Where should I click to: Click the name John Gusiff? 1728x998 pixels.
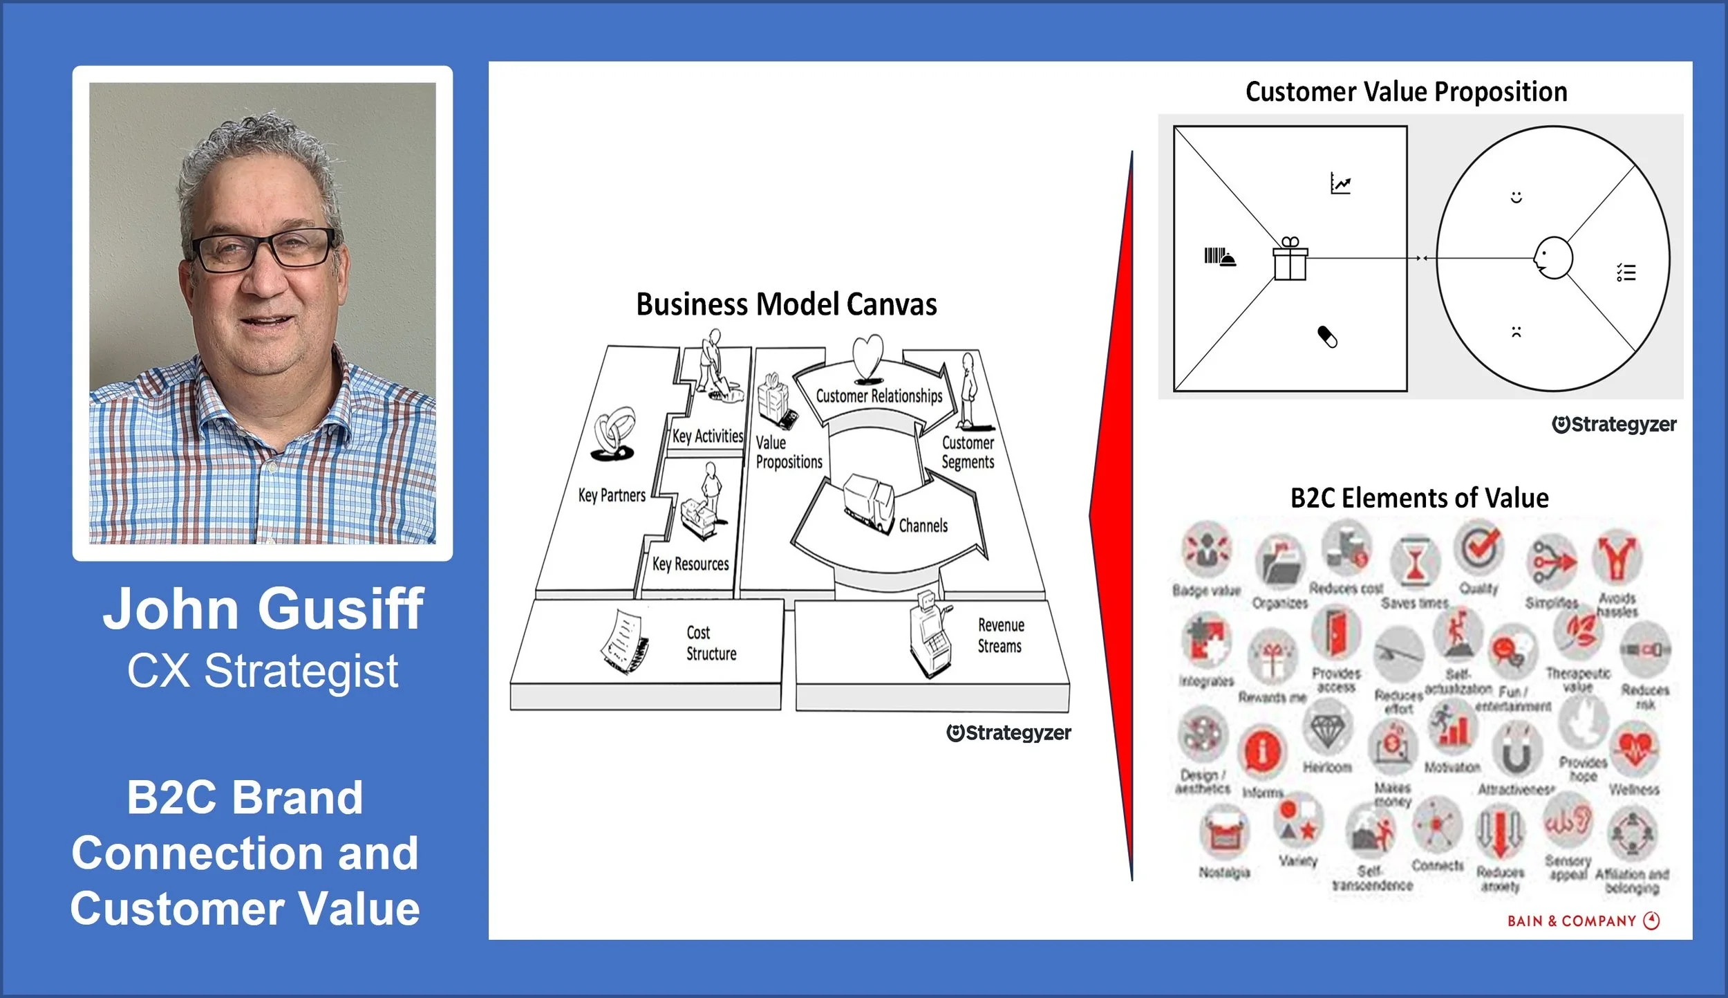pyautogui.click(x=263, y=609)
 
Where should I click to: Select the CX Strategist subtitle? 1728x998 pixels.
pyautogui.click(x=263, y=671)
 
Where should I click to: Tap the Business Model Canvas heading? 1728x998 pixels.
pyautogui.click(x=786, y=304)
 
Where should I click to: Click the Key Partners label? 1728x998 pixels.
pyautogui.click(x=612, y=495)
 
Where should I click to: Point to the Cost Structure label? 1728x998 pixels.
pyautogui.click(x=711, y=643)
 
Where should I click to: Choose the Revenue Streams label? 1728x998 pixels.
pyautogui.click(x=999, y=636)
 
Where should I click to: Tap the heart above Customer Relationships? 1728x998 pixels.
pyautogui.click(x=867, y=357)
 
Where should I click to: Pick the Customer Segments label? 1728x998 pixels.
pyautogui.click(x=968, y=452)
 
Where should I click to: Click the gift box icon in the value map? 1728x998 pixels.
pyautogui.click(x=1290, y=259)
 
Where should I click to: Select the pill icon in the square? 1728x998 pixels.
pyautogui.click(x=1327, y=337)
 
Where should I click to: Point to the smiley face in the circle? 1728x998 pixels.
pyautogui.click(x=1516, y=198)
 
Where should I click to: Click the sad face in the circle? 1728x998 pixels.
pyautogui.click(x=1516, y=332)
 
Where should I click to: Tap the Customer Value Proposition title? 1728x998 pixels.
pyautogui.click(x=1406, y=92)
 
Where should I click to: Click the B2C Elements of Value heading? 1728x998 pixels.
pyautogui.click(x=1419, y=498)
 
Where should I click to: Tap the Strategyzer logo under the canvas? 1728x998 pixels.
pyautogui.click(x=1008, y=733)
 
